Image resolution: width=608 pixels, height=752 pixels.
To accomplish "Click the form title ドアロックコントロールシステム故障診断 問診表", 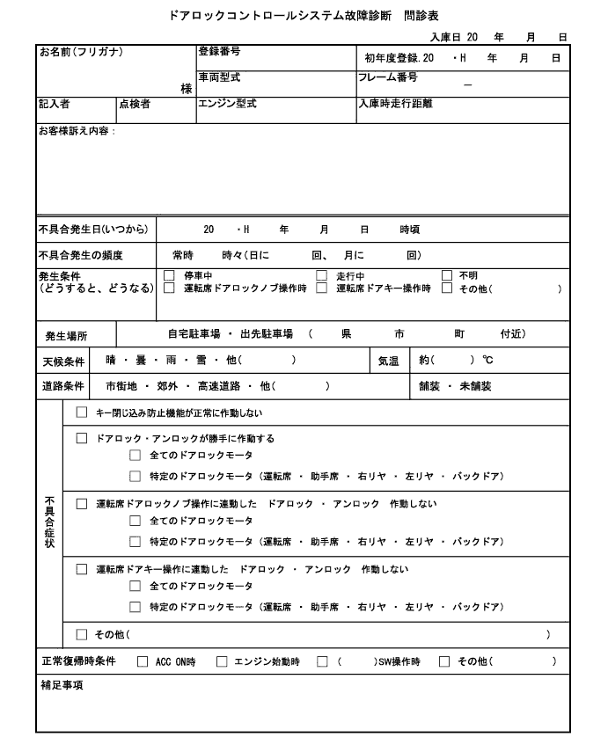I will click(303, 15).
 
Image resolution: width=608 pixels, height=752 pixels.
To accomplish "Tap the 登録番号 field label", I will click(219, 52).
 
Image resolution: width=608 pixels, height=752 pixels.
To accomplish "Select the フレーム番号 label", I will click(387, 77).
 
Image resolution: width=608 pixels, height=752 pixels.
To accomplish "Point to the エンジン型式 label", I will click(227, 103).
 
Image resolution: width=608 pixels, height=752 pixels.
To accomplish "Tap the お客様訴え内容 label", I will click(77, 131).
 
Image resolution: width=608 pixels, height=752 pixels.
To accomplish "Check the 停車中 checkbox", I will click(170, 275).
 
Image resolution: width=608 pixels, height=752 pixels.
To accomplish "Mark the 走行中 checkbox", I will click(322, 275).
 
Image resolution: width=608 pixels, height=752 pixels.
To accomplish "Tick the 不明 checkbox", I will click(447, 275).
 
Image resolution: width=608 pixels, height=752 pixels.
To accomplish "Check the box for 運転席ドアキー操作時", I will click(322, 288).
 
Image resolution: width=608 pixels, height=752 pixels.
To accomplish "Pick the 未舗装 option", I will click(476, 385).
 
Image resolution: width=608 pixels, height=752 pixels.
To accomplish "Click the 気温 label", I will click(388, 361).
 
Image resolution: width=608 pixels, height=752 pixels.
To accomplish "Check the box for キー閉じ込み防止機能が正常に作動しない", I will click(82, 413).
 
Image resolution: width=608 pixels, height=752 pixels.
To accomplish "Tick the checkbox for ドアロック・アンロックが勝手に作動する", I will click(82, 438).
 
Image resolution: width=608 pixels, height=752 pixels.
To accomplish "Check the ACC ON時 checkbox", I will click(143, 661).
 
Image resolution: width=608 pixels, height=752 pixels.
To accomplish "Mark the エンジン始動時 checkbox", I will click(222, 661).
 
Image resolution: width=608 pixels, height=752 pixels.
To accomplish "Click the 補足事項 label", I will click(62, 685).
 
